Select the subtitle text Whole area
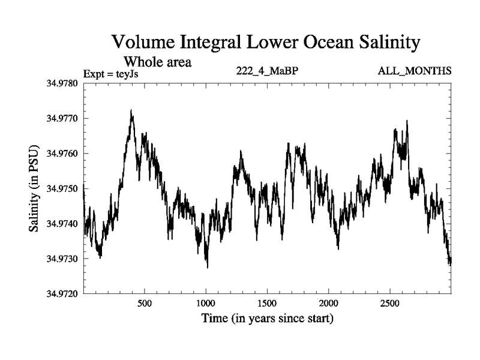[157, 61]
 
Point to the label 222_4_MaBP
[268, 71]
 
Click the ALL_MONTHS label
[415, 71]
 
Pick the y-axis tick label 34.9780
[62, 83]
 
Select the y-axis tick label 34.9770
[62, 118]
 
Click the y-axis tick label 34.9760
[62, 154]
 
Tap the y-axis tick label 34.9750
[62, 188]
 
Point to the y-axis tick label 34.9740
[62, 224]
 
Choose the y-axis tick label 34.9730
[62, 259]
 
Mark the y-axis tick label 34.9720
[62, 294]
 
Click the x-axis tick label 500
[145, 303]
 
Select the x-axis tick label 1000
[206, 303]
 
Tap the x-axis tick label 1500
[268, 303]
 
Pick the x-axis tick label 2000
[329, 303]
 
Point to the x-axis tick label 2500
[390, 303]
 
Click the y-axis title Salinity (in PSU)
[34, 188]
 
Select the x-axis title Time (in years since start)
[268, 319]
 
